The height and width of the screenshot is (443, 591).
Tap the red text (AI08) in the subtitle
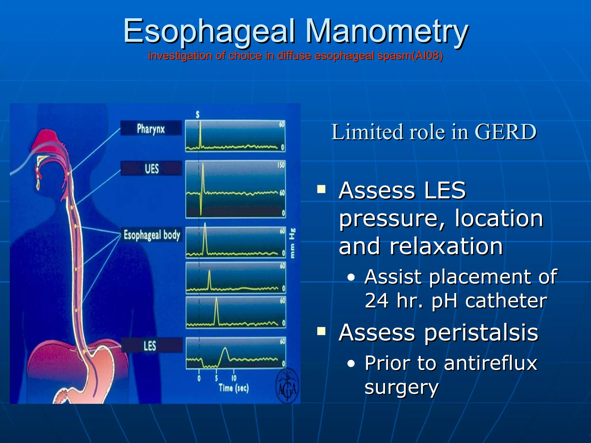(x=427, y=55)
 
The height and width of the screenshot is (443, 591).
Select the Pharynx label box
(x=151, y=128)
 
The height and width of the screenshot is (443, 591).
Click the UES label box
(x=152, y=168)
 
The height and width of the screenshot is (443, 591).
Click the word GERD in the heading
(x=505, y=132)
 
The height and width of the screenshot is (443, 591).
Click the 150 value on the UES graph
(x=281, y=165)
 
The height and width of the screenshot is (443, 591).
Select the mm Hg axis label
(x=292, y=243)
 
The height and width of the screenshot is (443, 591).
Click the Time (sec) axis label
(x=233, y=388)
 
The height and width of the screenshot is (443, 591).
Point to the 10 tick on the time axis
(x=234, y=378)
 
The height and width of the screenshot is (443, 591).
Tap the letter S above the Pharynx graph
(x=198, y=115)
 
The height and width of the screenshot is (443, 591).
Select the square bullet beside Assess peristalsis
(x=321, y=331)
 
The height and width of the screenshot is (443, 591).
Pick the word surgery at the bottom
(x=401, y=387)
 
